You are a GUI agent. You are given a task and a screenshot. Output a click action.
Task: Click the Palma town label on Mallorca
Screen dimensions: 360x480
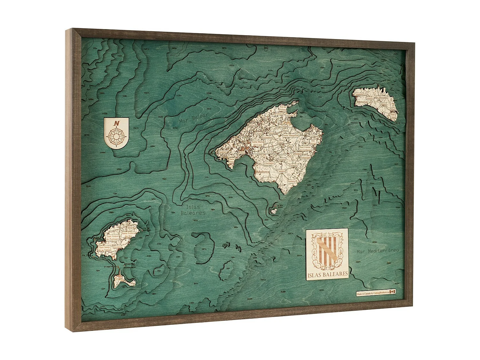point(242,153)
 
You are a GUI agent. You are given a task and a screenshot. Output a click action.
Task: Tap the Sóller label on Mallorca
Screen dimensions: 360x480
point(252,127)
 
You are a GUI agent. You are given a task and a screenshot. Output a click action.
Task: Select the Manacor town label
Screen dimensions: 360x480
point(298,154)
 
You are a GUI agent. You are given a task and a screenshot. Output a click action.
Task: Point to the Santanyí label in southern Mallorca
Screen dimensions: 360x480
point(292,181)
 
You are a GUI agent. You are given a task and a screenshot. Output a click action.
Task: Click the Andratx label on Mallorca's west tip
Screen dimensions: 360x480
point(223,152)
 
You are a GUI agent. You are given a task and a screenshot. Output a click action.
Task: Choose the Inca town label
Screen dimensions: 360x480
point(271,133)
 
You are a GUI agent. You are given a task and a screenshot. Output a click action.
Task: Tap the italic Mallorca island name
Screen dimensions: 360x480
point(264,172)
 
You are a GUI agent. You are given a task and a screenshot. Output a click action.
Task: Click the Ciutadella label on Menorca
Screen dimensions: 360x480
point(359,95)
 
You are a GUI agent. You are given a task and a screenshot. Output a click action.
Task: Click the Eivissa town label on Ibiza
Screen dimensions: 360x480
point(117,247)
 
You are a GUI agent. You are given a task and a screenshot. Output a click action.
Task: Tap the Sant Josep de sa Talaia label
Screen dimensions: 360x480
point(105,249)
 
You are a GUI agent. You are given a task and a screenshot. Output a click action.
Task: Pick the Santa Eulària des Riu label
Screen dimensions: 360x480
point(128,235)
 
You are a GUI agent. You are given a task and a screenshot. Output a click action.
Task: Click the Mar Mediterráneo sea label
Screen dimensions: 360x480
point(378,251)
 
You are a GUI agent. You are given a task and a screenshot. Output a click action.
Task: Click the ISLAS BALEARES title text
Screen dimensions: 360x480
point(327,274)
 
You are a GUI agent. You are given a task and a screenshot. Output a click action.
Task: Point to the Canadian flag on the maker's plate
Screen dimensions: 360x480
point(392,292)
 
